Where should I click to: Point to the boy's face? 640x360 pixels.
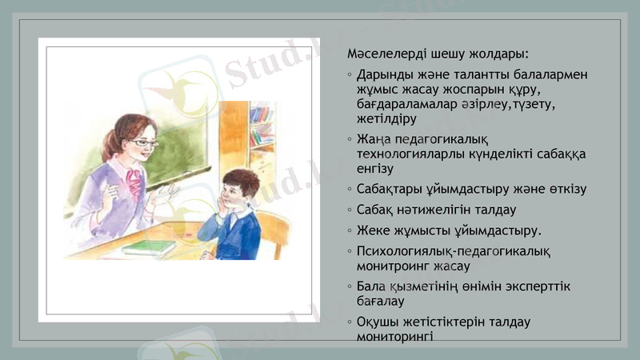coord(232,194)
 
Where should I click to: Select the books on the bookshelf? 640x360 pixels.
coord(260,128)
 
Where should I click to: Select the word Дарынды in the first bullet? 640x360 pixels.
coord(384,74)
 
